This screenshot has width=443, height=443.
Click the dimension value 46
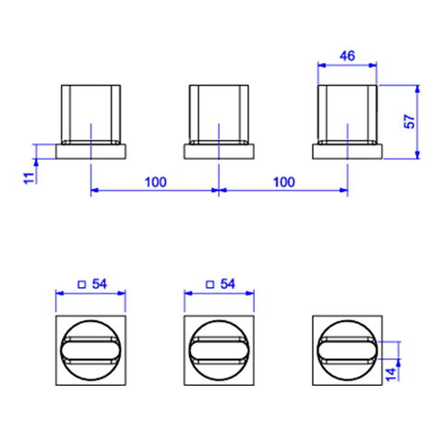pyautogui.click(x=347, y=56)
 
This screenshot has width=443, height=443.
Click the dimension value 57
pyautogui.click(x=410, y=122)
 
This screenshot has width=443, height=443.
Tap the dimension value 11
pyautogui.click(x=29, y=178)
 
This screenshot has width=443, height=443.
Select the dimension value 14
pyautogui.click(x=391, y=374)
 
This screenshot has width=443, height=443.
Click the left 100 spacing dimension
pyautogui.click(x=156, y=182)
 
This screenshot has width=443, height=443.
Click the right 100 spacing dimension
pyautogui.click(x=283, y=182)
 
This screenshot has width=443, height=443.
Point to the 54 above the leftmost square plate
pyautogui.click(x=100, y=284)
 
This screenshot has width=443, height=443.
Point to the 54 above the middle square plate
pyautogui.click(x=228, y=284)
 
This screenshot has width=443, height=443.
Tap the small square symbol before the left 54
pyautogui.click(x=82, y=284)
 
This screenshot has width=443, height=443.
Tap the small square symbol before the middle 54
pyautogui.click(x=210, y=284)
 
